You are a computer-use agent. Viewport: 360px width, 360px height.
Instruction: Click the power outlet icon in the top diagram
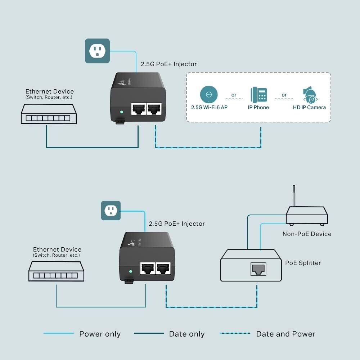pyautogui.click(x=97, y=51)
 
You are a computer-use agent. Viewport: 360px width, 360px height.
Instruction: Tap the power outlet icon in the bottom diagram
pyautogui.click(x=111, y=211)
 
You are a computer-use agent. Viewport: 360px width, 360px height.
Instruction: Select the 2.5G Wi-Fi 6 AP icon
pyautogui.click(x=209, y=95)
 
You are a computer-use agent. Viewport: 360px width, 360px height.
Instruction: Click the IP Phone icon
pyautogui.click(x=258, y=95)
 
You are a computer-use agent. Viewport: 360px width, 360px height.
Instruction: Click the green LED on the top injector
pyautogui.click(x=122, y=112)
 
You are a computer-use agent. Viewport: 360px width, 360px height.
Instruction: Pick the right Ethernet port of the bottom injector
pyautogui.click(x=164, y=268)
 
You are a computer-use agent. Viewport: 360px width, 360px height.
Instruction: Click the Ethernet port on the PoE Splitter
pyautogui.click(x=258, y=268)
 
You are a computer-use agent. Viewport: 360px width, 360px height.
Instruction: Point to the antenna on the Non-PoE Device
pyautogui.click(x=294, y=196)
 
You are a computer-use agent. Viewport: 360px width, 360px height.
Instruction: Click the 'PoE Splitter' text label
pyautogui.click(x=303, y=263)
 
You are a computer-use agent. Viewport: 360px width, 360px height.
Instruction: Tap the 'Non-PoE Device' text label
pyautogui.click(x=307, y=234)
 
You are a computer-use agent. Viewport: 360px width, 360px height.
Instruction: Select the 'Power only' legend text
pyautogui.click(x=100, y=334)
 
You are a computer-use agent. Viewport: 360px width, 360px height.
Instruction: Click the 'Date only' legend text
pyautogui.click(x=187, y=334)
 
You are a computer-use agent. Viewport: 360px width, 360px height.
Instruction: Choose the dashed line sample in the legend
pyautogui.click(x=235, y=333)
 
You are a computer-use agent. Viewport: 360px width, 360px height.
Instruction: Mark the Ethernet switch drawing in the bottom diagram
pyautogui.click(x=57, y=271)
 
